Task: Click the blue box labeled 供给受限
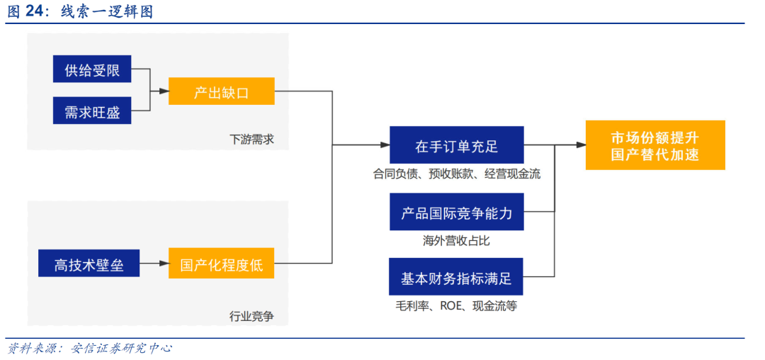pyautogui.click(x=92, y=69)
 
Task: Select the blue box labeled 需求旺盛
pyautogui.click(x=92, y=111)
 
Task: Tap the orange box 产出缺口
pyautogui.click(x=222, y=91)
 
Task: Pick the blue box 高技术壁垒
pyautogui.click(x=89, y=263)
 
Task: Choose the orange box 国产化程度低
pyautogui.click(x=222, y=263)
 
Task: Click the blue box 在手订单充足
pyautogui.click(x=457, y=145)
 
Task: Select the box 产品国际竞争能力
pyautogui.click(x=457, y=211)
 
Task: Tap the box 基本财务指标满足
pyautogui.click(x=456, y=276)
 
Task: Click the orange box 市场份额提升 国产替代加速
pyautogui.click(x=655, y=145)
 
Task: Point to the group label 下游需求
pyautogui.click(x=251, y=140)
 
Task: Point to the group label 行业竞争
pyautogui.click(x=251, y=317)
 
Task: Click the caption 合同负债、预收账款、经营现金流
pyautogui.click(x=457, y=174)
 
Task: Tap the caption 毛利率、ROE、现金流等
pyautogui.click(x=456, y=306)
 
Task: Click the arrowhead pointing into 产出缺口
pyautogui.click(x=163, y=91)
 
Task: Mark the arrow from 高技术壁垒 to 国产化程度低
pyautogui.click(x=154, y=263)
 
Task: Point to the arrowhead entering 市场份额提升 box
pyautogui.click(x=580, y=145)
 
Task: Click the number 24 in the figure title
pyautogui.click(x=33, y=12)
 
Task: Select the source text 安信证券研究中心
pyautogui.click(x=122, y=348)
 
